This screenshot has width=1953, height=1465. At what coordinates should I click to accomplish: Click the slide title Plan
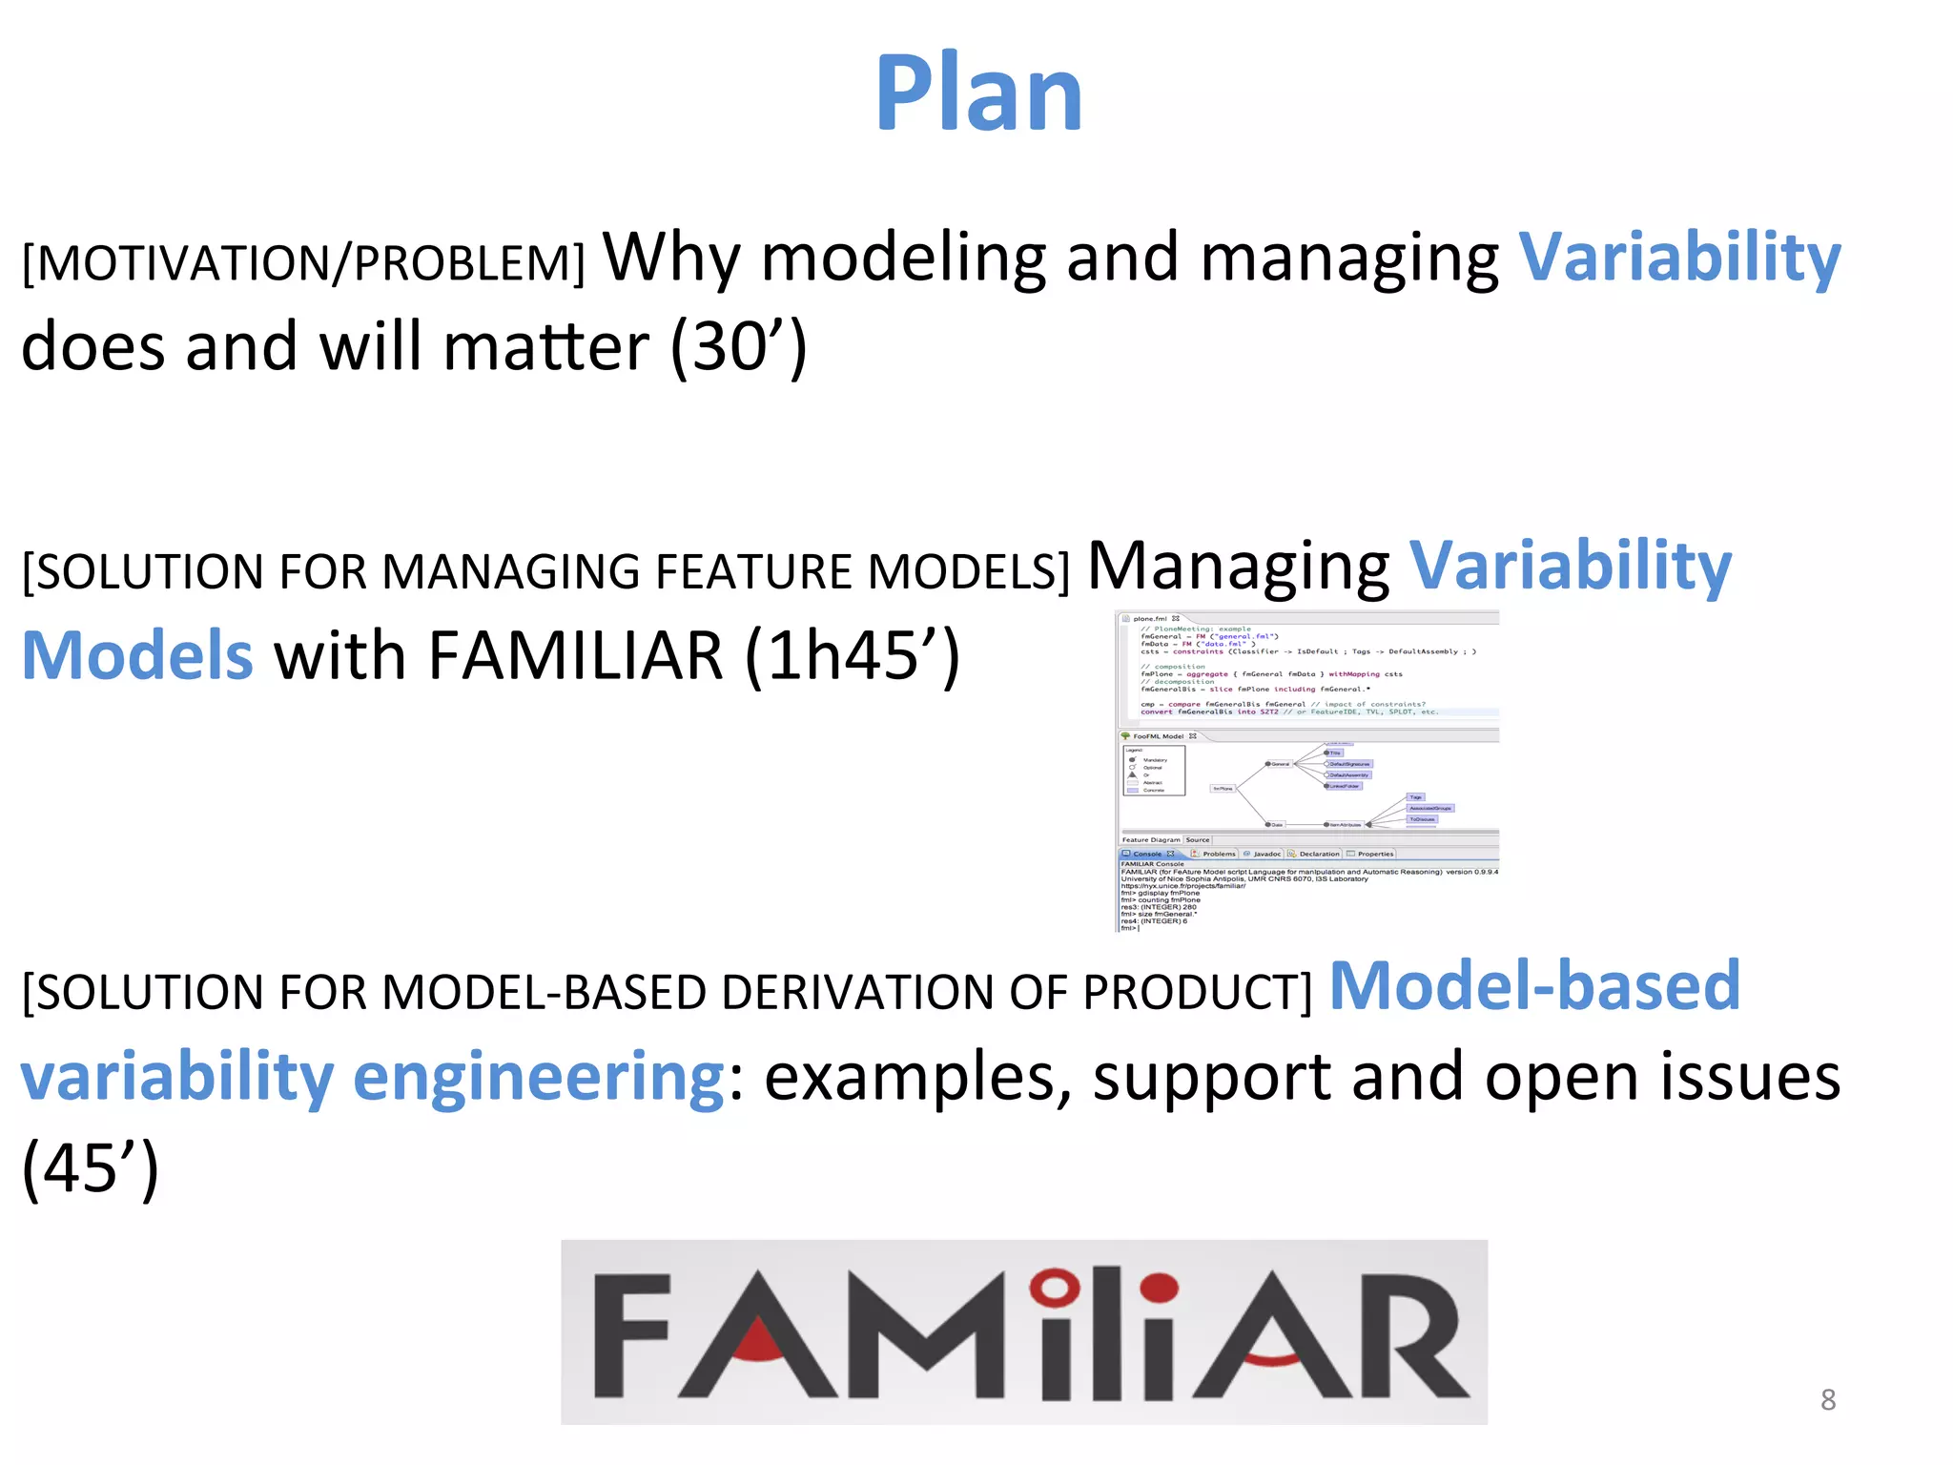978,93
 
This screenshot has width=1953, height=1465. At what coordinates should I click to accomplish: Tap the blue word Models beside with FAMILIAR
137,656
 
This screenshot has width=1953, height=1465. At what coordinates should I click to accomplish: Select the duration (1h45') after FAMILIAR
852,656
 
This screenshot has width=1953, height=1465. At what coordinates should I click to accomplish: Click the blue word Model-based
1534,985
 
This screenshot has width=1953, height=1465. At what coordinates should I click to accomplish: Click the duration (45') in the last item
91,1167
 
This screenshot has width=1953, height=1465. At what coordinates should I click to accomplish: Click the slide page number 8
1827,1399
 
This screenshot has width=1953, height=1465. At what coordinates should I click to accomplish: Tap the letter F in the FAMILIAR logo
630,1335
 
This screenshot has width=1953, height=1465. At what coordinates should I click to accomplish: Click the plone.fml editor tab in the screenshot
1151,618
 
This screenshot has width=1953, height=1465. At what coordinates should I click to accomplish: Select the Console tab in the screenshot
1148,854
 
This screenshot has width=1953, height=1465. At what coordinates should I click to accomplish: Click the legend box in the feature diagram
1154,771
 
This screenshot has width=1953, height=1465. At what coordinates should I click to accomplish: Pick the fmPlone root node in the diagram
1223,789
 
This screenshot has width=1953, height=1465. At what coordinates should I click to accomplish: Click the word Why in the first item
671,258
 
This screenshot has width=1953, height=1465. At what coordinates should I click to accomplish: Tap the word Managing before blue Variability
1238,566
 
